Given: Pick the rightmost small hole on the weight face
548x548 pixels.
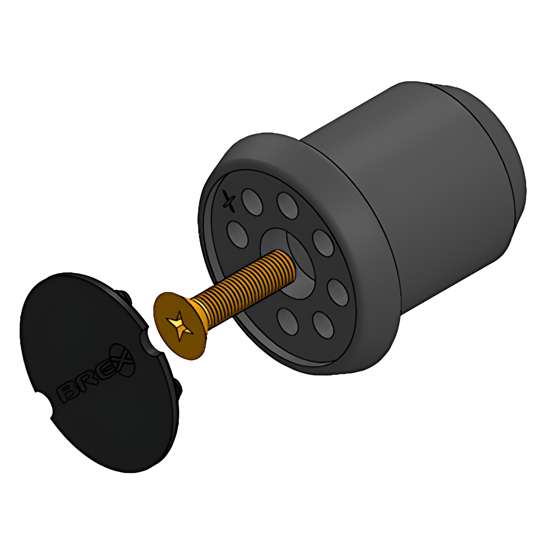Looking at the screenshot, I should point(338,292).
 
